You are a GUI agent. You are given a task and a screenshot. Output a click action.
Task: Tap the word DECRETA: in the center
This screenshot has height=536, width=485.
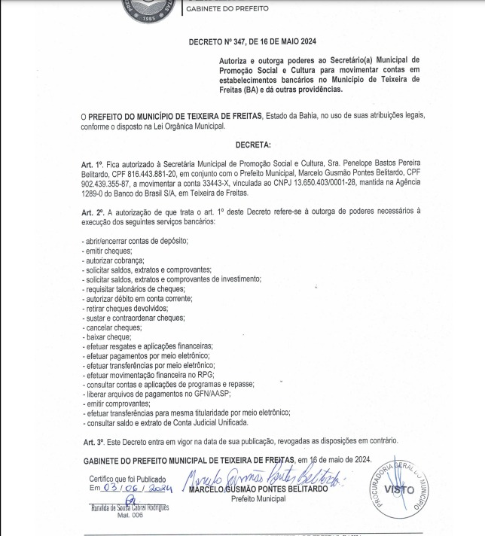[253, 144]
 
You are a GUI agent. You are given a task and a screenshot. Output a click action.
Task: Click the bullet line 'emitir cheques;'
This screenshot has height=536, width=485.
[108, 250]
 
